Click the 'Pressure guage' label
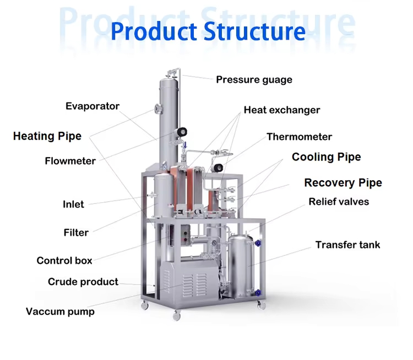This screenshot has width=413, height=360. click(254, 80)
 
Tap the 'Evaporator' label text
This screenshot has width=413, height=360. click(93, 106)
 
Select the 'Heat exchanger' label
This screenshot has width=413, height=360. click(282, 110)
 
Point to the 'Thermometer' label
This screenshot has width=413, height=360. click(299, 137)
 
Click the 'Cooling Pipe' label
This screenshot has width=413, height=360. click(326, 157)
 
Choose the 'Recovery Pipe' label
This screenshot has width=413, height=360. click(343, 183)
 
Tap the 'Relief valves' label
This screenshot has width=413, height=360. click(338, 202)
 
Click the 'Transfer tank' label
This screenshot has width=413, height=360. click(347, 245)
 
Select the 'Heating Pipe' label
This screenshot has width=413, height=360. click(47, 136)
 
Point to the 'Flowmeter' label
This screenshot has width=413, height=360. click(70, 162)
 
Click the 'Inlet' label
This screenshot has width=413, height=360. click(73, 205)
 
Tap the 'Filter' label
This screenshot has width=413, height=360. click(76, 233)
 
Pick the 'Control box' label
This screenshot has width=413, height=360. click(64, 261)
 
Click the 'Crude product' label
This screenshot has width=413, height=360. click(83, 282)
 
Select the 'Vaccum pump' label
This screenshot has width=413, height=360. click(60, 312)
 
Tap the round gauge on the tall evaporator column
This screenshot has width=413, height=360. click(181, 132)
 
